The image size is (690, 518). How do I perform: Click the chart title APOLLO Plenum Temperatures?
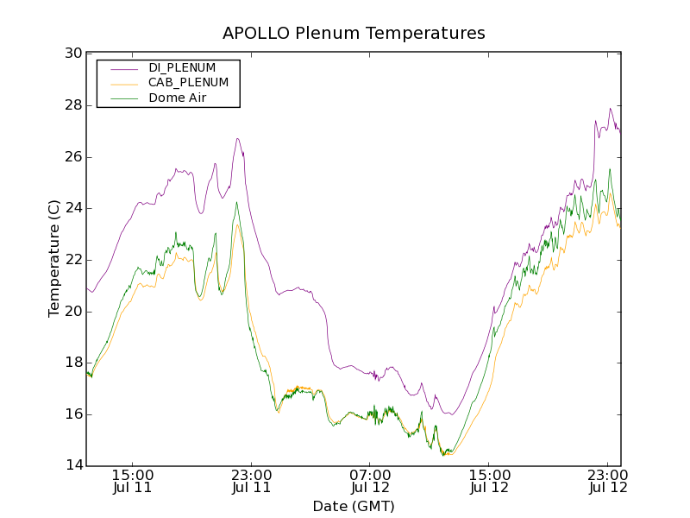pos(354,34)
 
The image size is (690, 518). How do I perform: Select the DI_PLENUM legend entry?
pos(182,67)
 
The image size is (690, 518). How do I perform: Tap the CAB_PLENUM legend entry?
pos(188,83)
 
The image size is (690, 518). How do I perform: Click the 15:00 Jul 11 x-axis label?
pos(133,481)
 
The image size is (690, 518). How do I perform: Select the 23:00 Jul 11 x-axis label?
pos(252,481)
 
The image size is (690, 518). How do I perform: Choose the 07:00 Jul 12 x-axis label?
pos(370,481)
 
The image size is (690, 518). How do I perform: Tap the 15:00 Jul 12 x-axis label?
pos(488,481)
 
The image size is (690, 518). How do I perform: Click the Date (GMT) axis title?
pos(354,506)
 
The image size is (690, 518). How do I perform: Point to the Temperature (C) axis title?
pos(54,259)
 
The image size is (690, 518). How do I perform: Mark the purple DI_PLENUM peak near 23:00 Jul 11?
pos(237,138)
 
